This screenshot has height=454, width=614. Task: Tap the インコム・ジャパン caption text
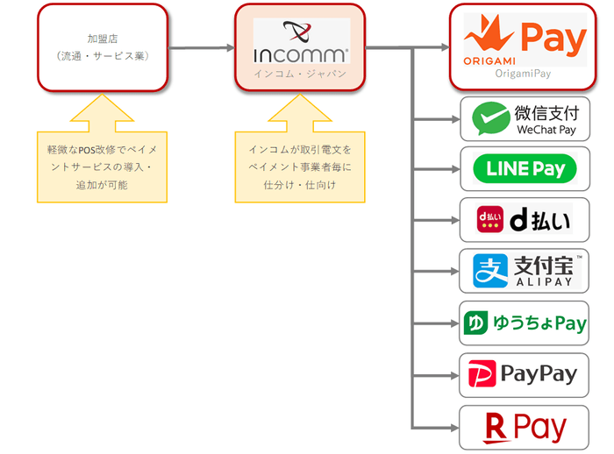point(301,74)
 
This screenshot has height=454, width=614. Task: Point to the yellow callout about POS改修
point(102,167)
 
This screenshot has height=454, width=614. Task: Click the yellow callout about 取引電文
point(300,167)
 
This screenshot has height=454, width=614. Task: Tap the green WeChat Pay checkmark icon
point(489,119)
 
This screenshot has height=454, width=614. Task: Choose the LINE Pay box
point(525,169)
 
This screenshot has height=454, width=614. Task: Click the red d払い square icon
point(489,219)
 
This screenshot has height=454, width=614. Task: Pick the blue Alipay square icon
point(489,270)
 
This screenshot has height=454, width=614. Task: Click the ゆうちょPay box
point(525,323)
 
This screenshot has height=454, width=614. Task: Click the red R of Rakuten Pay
point(496,428)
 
